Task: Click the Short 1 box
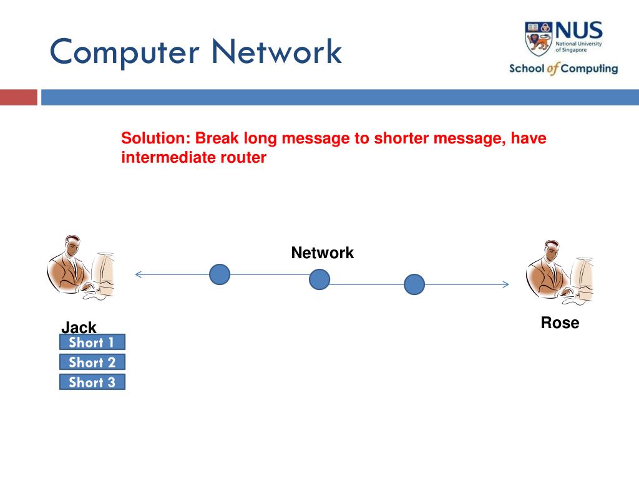click(92, 342)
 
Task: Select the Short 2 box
click(92, 362)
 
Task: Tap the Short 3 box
click(92, 382)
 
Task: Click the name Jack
click(79, 327)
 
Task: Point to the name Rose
click(560, 322)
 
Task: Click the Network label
click(322, 253)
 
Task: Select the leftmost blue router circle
click(220, 274)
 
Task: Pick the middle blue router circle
click(319, 279)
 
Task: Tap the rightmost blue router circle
click(414, 284)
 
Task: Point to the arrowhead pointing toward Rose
click(505, 284)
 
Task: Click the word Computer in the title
click(125, 52)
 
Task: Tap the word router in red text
click(243, 158)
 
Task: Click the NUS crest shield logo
click(538, 38)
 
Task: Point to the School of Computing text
click(563, 69)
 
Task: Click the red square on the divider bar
click(18, 97)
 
